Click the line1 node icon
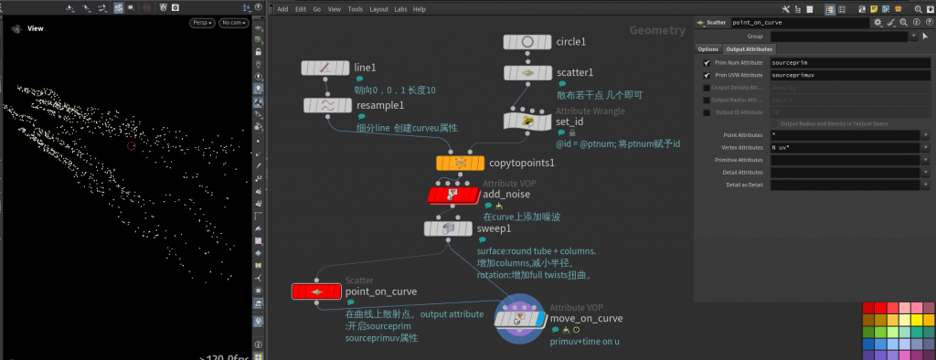point(326,69)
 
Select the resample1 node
point(326,106)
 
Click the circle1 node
point(526,42)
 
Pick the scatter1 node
point(526,73)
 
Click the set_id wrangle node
point(526,122)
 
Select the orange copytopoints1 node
point(461,163)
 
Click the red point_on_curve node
point(315,291)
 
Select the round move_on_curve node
point(520,319)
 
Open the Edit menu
point(300,9)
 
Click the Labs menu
point(400,9)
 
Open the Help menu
point(420,9)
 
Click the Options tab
point(708,49)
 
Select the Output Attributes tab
point(750,49)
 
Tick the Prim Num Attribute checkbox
point(706,62)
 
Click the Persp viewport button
point(201,23)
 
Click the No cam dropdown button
point(234,23)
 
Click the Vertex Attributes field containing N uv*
point(846,147)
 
